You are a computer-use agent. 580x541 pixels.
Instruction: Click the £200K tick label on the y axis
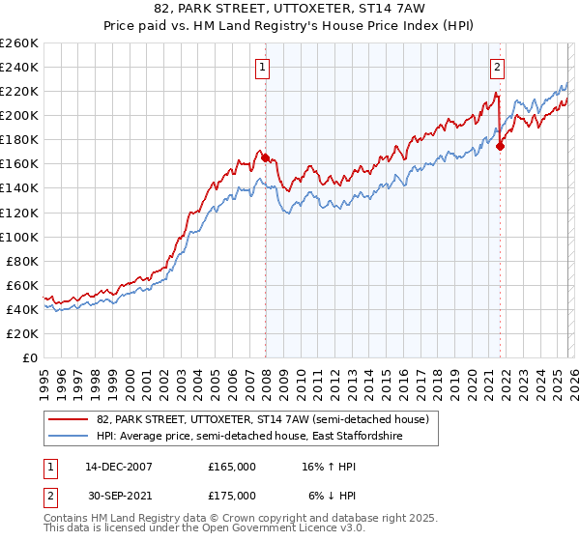(x=19, y=116)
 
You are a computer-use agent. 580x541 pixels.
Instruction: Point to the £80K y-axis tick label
(x=21, y=261)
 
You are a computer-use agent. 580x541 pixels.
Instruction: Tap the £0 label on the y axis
(x=31, y=357)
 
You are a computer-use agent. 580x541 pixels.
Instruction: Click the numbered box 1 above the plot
(x=263, y=67)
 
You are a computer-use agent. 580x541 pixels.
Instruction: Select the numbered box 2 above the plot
(x=497, y=67)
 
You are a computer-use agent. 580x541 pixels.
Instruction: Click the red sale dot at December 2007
(x=265, y=157)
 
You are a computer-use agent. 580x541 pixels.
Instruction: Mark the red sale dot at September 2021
(x=500, y=146)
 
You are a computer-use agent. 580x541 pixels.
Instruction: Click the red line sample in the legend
(x=68, y=418)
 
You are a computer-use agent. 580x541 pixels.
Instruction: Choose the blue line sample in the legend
(x=68, y=437)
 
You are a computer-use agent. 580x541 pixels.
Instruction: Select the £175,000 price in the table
(x=232, y=495)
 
